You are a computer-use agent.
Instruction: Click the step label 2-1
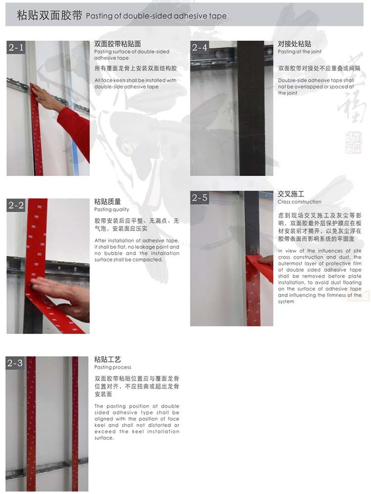coord(16,48)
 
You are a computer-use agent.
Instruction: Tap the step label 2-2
coord(16,205)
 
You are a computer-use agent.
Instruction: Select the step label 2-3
coord(16,363)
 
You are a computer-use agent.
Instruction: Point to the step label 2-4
coord(200,48)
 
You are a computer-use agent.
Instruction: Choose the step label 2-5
coord(200,198)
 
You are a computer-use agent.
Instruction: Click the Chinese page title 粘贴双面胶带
coord(49,16)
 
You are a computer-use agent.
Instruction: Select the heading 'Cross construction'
coord(299,202)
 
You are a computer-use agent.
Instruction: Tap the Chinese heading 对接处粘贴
coord(295,44)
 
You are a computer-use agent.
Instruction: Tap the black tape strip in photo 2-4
coord(251,109)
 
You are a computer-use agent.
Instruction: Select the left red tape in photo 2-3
coord(31,423)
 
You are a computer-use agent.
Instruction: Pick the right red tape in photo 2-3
coord(75,423)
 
